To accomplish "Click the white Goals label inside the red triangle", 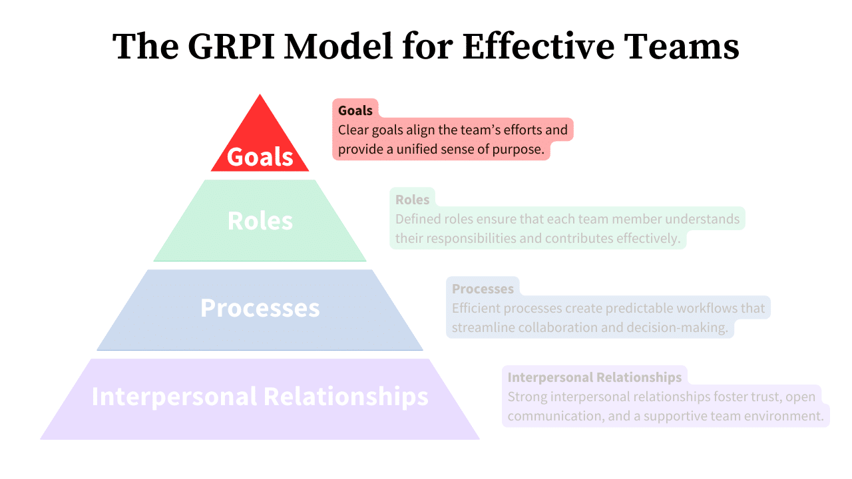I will [260, 157].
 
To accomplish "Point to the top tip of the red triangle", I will [260, 95].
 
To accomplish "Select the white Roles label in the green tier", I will [260, 221].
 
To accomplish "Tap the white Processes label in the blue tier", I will [260, 308].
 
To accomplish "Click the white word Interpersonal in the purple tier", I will [174, 396].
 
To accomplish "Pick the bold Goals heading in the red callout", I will [355, 110].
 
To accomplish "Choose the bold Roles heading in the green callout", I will [412, 200].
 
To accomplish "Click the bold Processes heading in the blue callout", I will [483, 289].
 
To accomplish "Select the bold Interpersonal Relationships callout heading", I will [594, 377].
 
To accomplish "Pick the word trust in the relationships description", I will [760, 397].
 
